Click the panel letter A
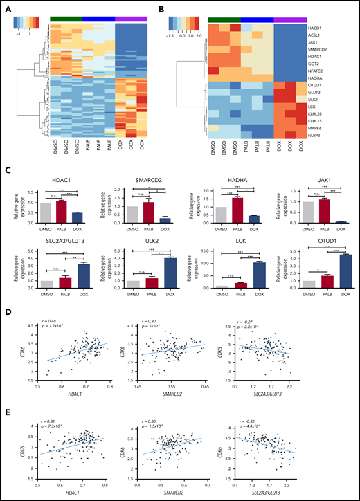coord(8,8)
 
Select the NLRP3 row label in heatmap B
coord(315,138)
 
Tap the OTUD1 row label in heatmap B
coord(315,84)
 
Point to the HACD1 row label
coord(315,27)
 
